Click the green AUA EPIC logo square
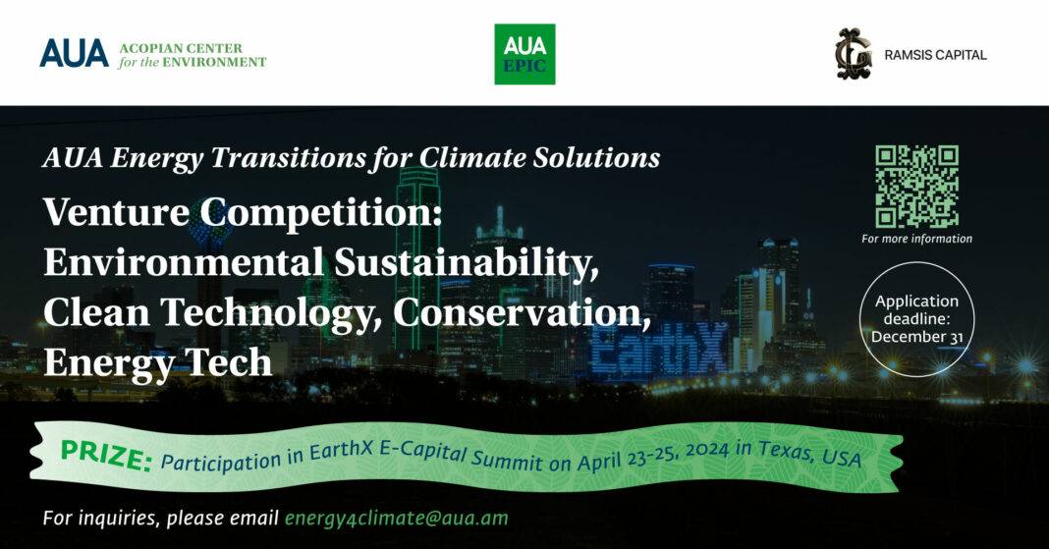(x=524, y=54)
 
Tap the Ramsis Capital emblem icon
(x=854, y=55)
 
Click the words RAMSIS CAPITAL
(x=935, y=56)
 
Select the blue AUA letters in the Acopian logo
(x=74, y=53)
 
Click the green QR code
(x=916, y=187)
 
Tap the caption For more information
(x=916, y=239)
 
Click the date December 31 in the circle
(x=916, y=336)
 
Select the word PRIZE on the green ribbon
(x=106, y=456)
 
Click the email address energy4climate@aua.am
(x=396, y=519)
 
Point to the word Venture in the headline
(x=117, y=213)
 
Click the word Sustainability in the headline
(x=467, y=262)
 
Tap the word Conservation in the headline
(x=522, y=312)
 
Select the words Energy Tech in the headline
(x=158, y=363)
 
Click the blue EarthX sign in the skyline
(x=659, y=349)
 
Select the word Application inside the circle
(x=916, y=301)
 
